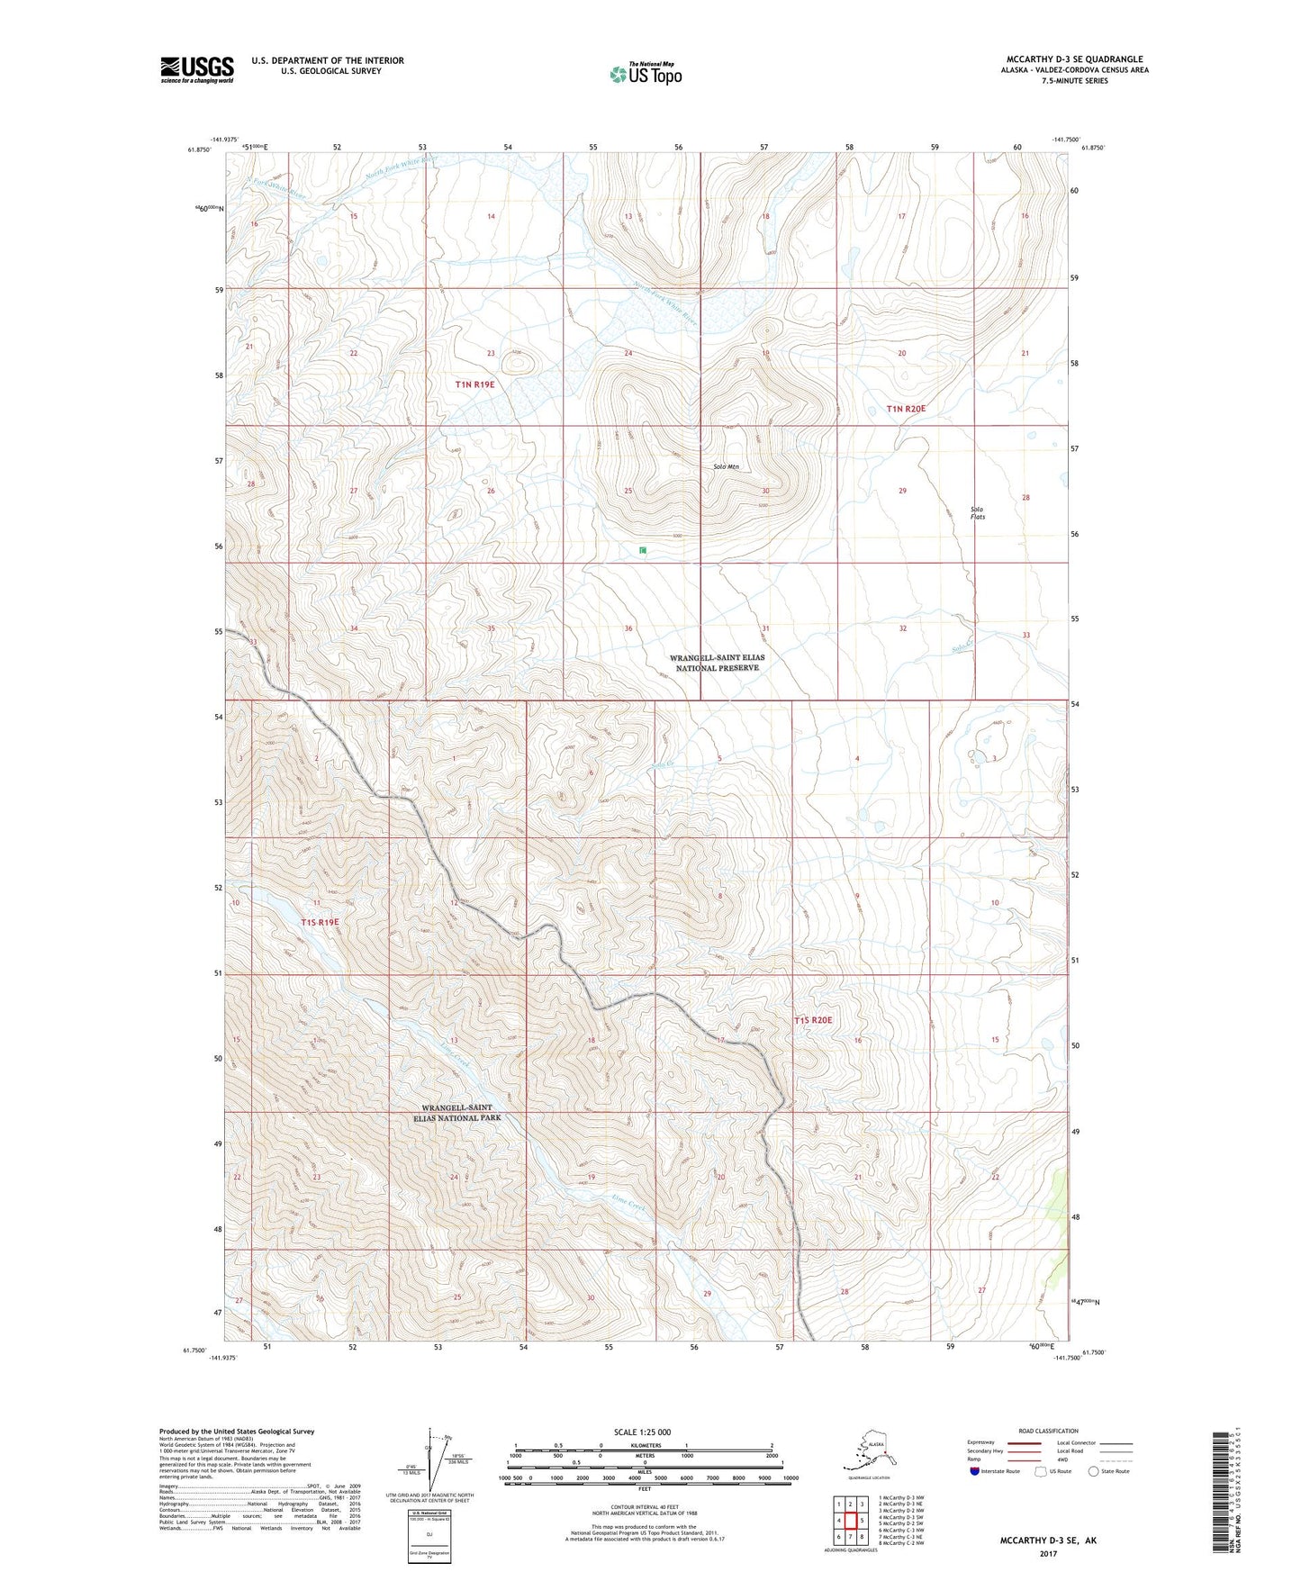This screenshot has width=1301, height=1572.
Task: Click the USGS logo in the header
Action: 196,69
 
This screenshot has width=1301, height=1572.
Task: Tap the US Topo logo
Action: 645,74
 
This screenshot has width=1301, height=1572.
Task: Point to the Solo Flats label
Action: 977,513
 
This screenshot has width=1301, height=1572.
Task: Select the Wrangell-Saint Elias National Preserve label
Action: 717,663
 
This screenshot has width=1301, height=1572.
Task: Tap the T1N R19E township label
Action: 474,384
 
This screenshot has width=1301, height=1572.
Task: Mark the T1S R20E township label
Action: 813,1020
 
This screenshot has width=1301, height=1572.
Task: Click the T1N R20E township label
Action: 906,409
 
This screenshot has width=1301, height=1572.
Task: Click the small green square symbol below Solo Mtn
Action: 643,550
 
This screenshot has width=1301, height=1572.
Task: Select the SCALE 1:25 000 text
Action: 643,1432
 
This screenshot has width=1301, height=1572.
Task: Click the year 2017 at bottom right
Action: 1047,1554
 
